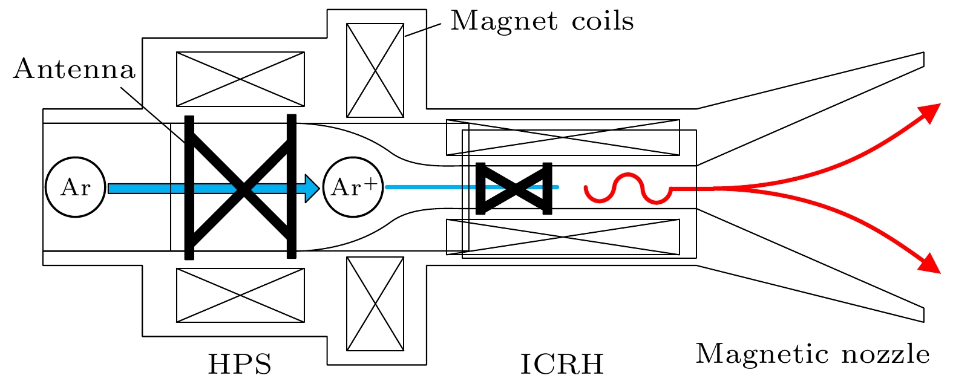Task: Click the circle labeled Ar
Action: click(75, 187)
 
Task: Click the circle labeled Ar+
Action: click(353, 187)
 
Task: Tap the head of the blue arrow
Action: click(312, 188)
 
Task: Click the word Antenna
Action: click(74, 70)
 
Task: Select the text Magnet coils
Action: click(542, 21)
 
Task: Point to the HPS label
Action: click(240, 365)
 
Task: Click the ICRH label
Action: click(562, 365)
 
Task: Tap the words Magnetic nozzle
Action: click(813, 354)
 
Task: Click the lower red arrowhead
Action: click(930, 264)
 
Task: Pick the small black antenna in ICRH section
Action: click(514, 188)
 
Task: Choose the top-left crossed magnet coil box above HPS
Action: click(240, 79)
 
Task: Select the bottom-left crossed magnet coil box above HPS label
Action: click(240, 295)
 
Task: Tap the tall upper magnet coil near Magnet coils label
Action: click(375, 70)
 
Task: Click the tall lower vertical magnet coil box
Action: click(375, 304)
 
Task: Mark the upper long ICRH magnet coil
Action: click(563, 137)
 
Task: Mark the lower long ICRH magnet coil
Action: click(563, 237)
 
